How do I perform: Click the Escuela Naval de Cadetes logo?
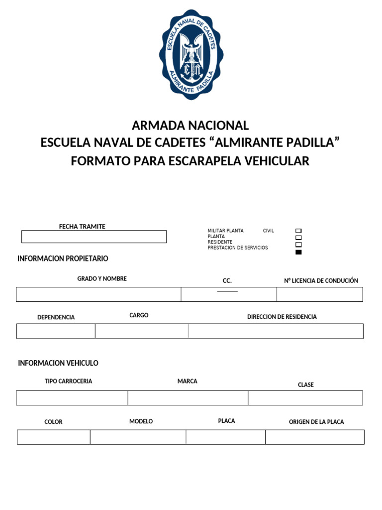click(191, 54)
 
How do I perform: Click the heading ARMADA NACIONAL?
click(190, 125)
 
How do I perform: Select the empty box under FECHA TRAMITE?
click(94, 237)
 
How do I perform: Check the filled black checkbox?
click(298, 252)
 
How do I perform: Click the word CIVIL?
click(269, 231)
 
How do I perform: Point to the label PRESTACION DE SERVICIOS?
click(237, 248)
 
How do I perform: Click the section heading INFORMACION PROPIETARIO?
click(63, 258)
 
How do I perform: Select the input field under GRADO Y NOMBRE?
click(98, 294)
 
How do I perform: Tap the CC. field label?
click(227, 281)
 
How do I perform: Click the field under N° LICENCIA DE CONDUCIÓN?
click(319, 294)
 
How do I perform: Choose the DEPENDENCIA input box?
click(56, 331)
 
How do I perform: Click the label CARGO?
click(139, 315)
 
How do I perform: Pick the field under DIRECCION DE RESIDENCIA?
click(276, 331)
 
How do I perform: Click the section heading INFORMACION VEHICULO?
click(58, 363)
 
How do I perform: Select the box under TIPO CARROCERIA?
click(72, 398)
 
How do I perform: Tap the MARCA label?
click(187, 381)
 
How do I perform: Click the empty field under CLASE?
click(305, 398)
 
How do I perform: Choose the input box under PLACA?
click(225, 437)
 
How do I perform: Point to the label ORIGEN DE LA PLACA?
click(316, 422)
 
